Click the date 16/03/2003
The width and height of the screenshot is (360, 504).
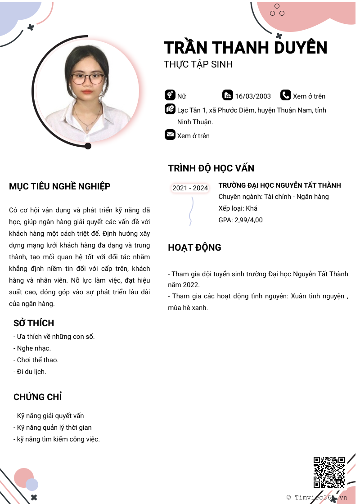[x=253, y=96]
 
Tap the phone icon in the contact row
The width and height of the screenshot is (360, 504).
[x=286, y=95]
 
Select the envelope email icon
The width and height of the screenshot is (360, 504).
[x=170, y=135]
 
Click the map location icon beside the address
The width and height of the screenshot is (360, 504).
[x=170, y=109]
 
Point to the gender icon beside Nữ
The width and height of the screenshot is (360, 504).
[x=170, y=95]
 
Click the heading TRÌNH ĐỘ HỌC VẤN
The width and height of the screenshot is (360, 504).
[x=211, y=168]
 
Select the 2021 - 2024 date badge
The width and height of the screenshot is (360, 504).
[x=190, y=188]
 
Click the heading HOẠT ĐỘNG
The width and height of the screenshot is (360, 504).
[x=194, y=247]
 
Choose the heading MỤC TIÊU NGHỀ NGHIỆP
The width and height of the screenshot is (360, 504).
[x=60, y=186]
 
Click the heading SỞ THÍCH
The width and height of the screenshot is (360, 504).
[x=34, y=323]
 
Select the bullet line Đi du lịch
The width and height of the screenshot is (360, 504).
[x=30, y=372]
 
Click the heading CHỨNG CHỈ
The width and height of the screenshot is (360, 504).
[x=37, y=397]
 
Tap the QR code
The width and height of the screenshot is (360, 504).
[x=329, y=472]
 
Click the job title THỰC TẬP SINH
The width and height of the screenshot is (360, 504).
[x=198, y=64]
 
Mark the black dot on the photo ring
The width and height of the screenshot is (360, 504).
[x=88, y=146]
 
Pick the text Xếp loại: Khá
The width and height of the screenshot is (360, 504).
[x=238, y=208]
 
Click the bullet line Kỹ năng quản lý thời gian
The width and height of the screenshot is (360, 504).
[x=53, y=427]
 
